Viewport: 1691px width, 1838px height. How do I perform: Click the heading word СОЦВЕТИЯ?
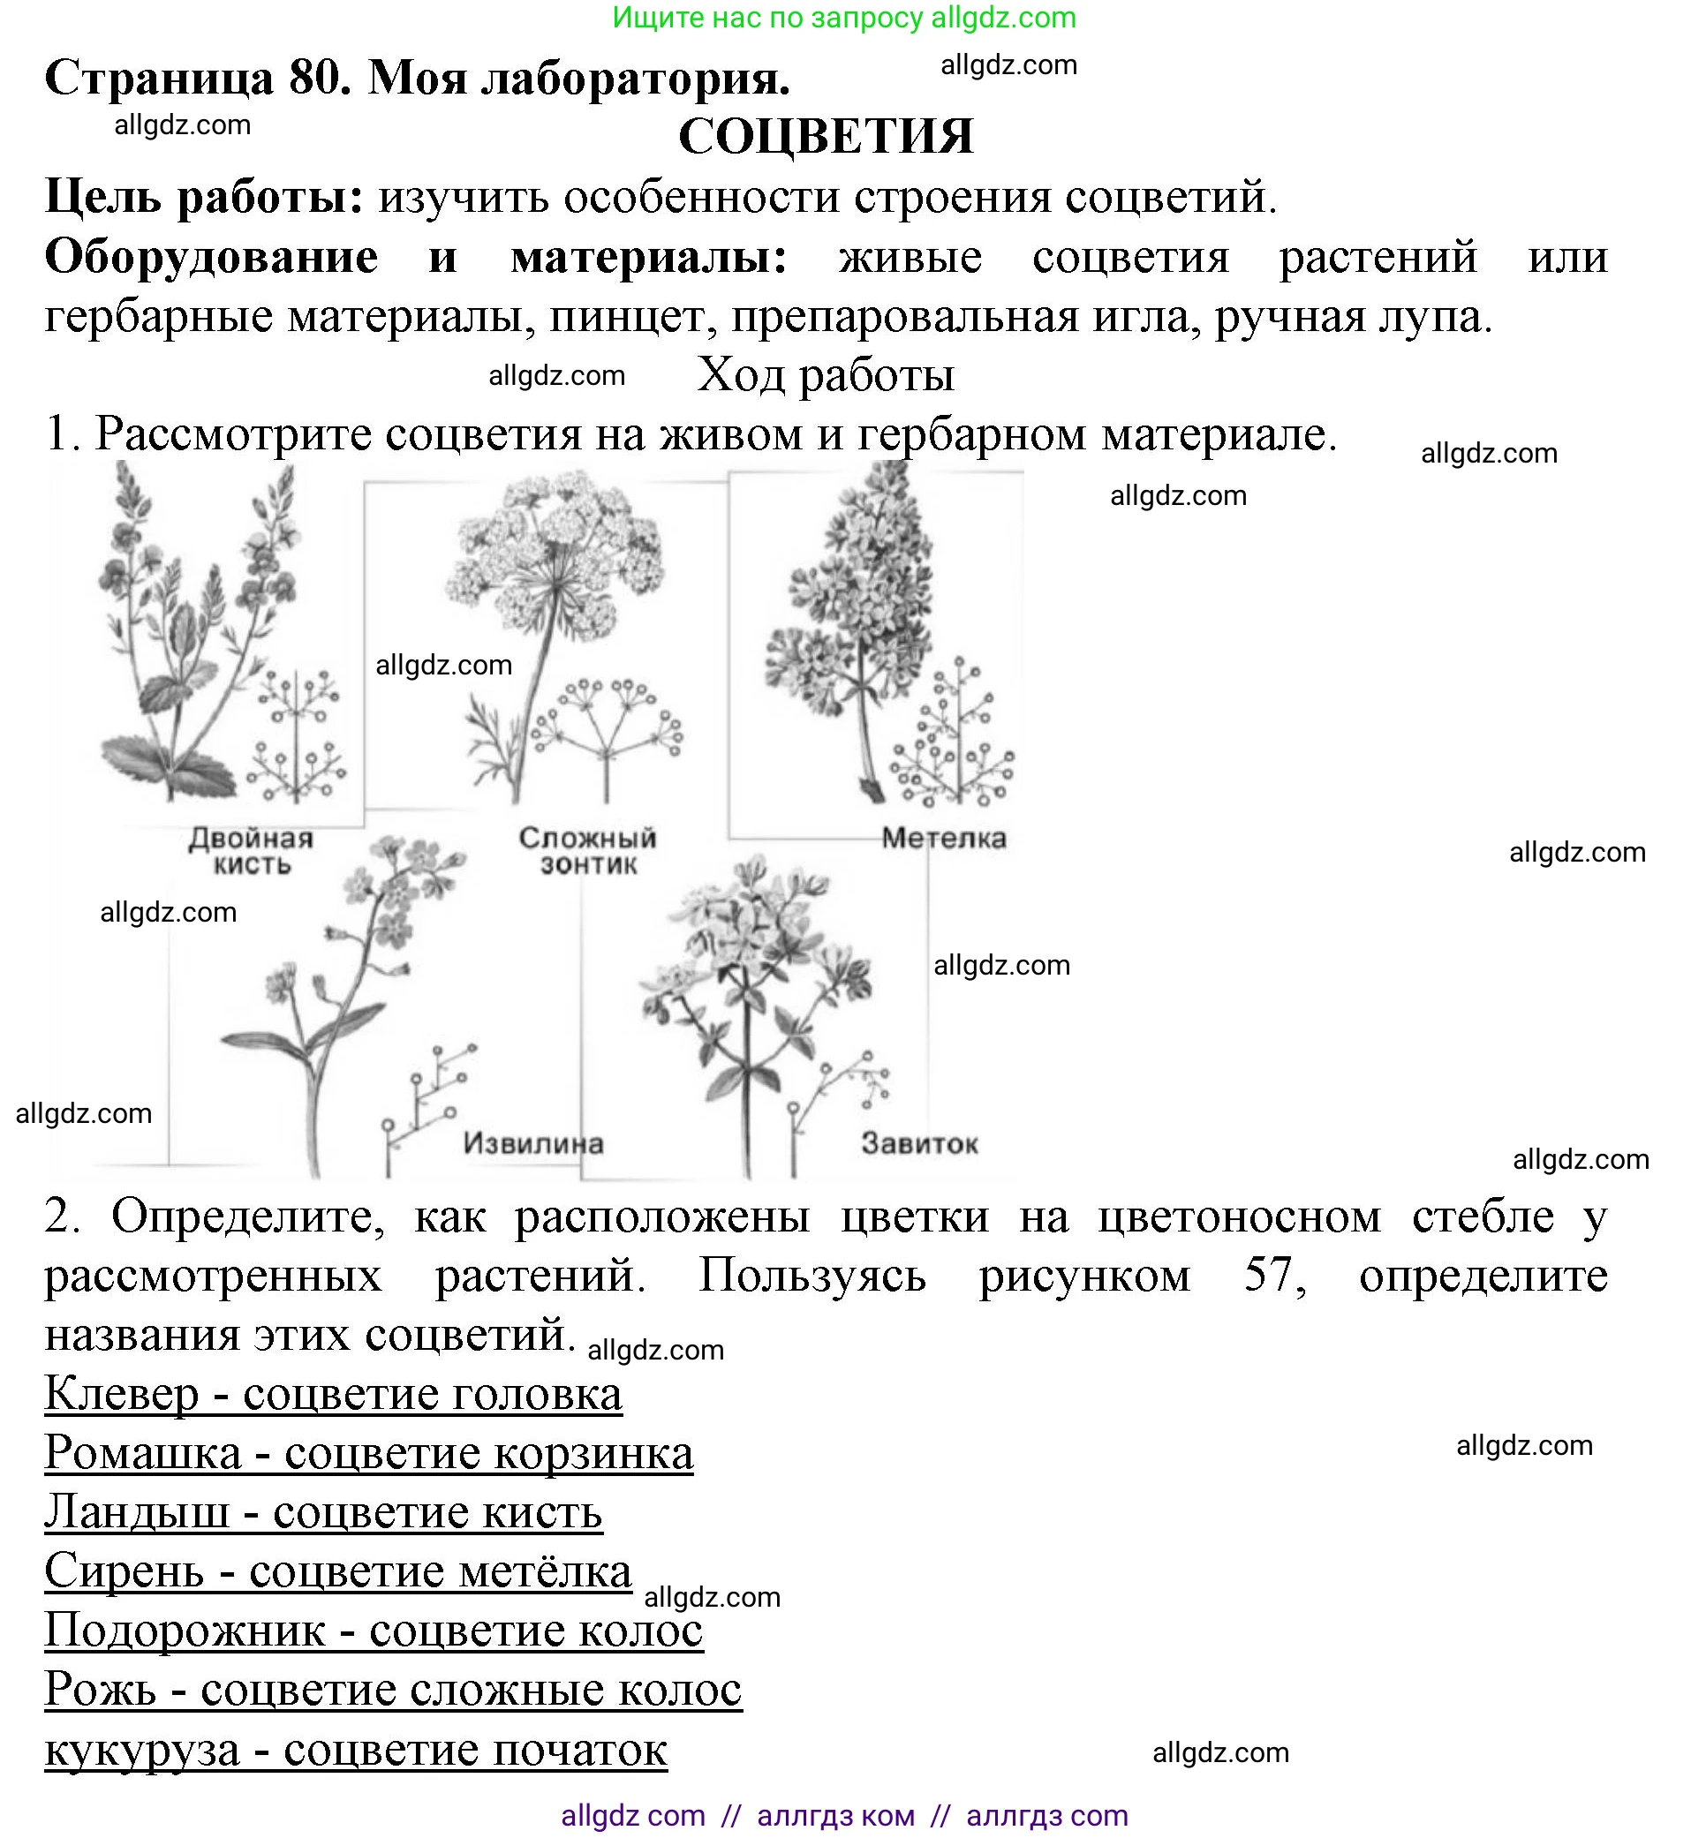click(826, 136)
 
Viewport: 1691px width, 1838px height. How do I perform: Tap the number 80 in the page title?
click(320, 79)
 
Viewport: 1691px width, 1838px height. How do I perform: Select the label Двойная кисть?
click(251, 851)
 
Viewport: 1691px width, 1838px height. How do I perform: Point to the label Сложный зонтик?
click(587, 851)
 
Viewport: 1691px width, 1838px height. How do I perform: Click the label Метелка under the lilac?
click(943, 838)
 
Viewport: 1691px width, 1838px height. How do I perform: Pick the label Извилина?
click(532, 1142)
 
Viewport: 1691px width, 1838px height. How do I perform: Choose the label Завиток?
click(918, 1142)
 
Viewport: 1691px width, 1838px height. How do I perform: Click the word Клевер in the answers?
click(121, 1394)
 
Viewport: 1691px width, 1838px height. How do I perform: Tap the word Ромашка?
click(143, 1453)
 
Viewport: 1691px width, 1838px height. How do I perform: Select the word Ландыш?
click(136, 1511)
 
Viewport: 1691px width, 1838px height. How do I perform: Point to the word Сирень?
click(124, 1571)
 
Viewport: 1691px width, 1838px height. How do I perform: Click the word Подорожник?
click(185, 1630)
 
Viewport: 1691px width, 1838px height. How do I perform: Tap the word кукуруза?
click(142, 1751)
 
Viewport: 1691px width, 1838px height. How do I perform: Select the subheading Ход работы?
click(826, 374)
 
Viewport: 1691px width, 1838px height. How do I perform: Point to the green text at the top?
click(843, 18)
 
